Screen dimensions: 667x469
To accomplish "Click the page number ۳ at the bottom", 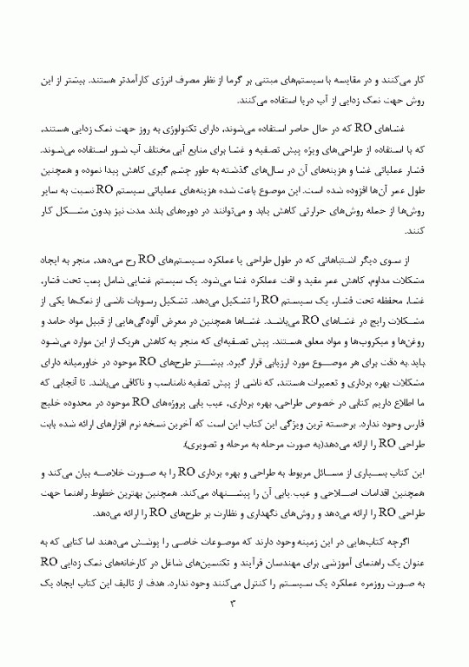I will coord(234,627).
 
